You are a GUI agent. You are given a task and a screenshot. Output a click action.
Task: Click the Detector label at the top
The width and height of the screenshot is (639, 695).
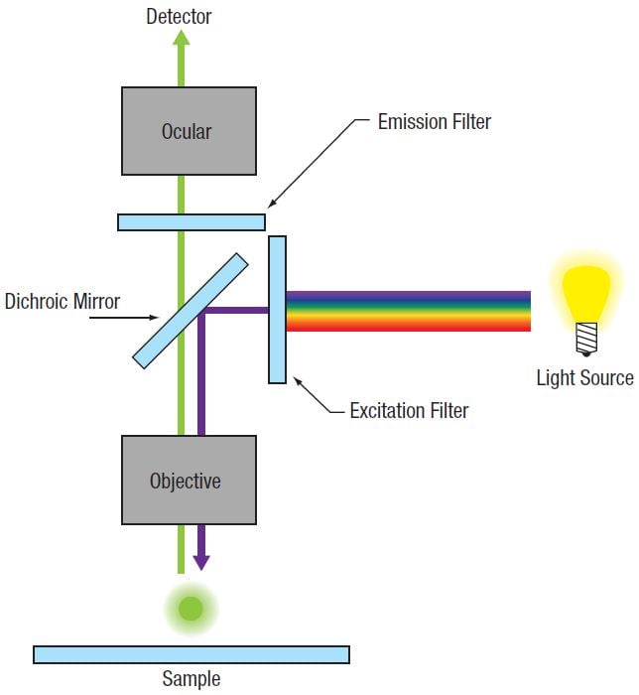click(x=179, y=16)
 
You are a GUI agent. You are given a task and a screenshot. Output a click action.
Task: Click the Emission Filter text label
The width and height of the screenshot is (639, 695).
click(x=435, y=123)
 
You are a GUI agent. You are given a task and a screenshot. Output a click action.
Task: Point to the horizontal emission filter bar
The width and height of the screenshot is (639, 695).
click(x=191, y=222)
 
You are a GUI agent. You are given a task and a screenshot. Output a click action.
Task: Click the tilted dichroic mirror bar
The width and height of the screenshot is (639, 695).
click(x=191, y=309)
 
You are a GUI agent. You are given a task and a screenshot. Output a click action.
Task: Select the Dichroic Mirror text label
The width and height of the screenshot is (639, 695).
click(x=62, y=300)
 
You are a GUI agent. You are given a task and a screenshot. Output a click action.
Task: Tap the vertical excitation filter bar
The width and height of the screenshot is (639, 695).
click(x=277, y=309)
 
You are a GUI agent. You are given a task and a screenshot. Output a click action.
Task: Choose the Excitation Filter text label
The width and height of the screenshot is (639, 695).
click(x=409, y=409)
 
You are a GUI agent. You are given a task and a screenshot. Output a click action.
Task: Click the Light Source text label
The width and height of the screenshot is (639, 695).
click(x=584, y=377)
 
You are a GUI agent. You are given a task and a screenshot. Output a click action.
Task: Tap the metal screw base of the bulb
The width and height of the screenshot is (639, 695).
click(x=585, y=341)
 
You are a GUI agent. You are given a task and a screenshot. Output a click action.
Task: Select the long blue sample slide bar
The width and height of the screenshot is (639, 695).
click(x=191, y=654)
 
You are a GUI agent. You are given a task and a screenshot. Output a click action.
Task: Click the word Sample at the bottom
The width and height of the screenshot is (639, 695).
click(x=191, y=680)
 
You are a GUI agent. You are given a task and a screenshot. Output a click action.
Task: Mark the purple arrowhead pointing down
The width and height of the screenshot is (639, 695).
click(x=201, y=562)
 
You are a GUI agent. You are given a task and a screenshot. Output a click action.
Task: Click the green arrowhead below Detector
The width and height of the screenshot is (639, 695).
click(x=181, y=37)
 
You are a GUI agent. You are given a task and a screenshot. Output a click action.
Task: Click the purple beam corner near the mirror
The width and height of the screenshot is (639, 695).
click(x=202, y=312)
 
